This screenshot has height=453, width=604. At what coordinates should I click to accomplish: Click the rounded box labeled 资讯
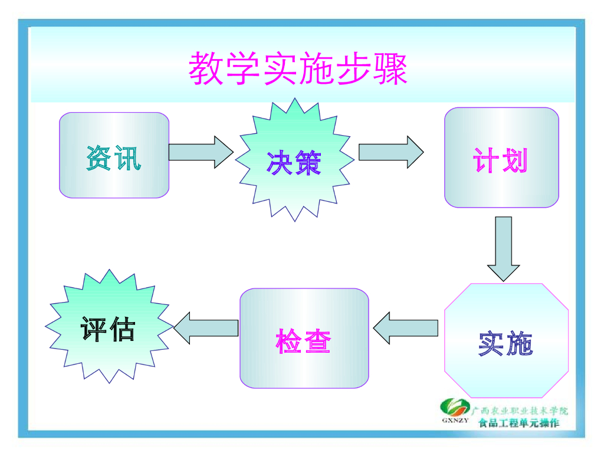(x=114, y=155)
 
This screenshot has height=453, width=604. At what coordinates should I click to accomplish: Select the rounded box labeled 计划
(x=501, y=157)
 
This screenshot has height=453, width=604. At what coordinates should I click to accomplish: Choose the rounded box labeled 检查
(x=304, y=338)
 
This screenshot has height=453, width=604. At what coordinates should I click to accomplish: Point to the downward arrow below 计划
(x=503, y=248)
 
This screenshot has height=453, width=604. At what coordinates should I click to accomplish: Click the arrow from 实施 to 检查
(x=406, y=328)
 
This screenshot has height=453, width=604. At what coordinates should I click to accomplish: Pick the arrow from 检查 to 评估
(x=206, y=328)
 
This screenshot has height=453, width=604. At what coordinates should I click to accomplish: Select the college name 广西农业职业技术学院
(x=519, y=411)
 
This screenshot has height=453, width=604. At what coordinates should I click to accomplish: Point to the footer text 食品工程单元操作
(x=518, y=422)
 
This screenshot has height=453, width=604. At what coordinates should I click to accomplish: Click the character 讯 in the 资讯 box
(x=127, y=158)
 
